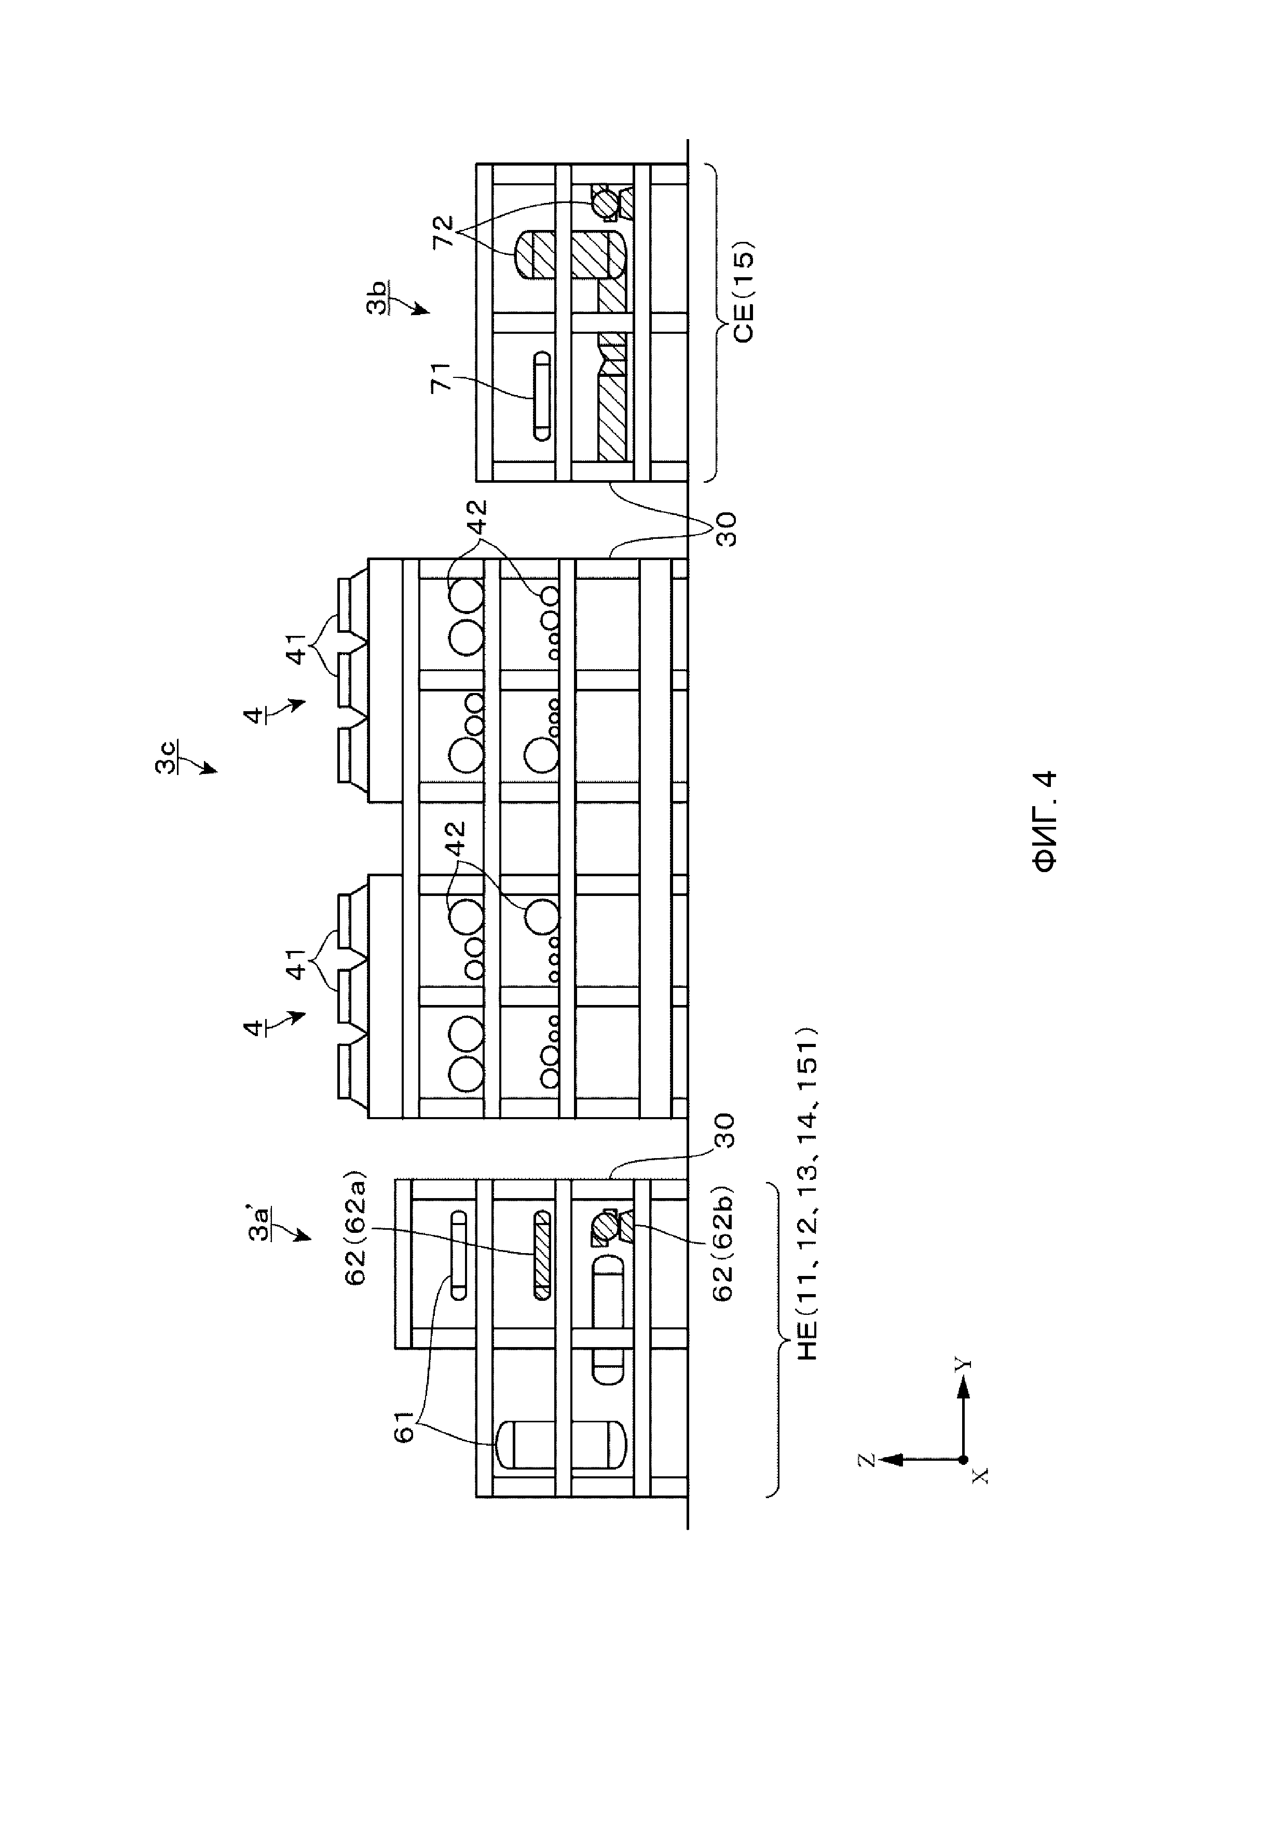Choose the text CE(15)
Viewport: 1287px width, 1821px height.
coord(744,291)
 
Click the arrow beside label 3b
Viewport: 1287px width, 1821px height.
coord(418,308)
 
